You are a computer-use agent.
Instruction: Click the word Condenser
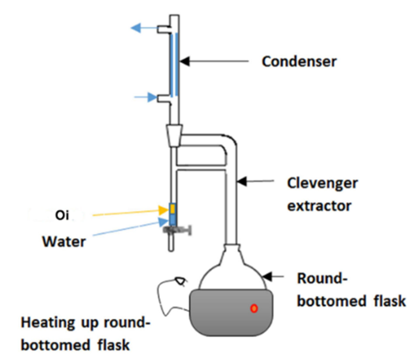tap(299, 62)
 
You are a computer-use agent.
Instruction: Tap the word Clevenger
tap(322, 183)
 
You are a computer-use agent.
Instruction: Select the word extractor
tap(319, 205)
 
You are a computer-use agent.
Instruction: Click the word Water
tap(63, 241)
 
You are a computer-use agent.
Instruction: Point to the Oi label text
tap(62, 215)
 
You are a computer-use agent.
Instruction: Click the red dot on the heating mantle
tap(254, 309)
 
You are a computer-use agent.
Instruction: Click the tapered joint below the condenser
tap(174, 136)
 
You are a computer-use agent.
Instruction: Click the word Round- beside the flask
tap(319, 279)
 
